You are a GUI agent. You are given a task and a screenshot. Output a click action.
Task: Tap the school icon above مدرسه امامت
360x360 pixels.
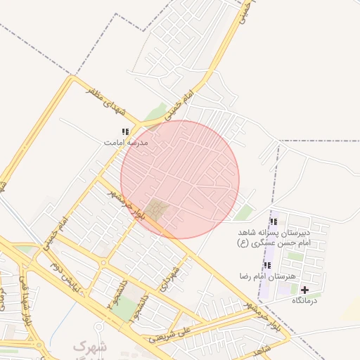(x=126, y=131)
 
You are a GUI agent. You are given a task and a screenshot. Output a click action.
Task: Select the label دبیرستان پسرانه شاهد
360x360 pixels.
(x=279, y=232)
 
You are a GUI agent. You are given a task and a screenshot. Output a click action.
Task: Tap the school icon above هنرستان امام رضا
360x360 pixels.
(x=267, y=265)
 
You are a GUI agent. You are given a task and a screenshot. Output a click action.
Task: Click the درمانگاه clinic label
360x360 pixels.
(x=304, y=300)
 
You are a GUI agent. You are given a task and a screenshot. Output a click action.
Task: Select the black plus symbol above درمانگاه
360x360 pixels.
(x=304, y=290)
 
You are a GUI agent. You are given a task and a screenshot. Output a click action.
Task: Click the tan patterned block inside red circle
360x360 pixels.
(x=157, y=210)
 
